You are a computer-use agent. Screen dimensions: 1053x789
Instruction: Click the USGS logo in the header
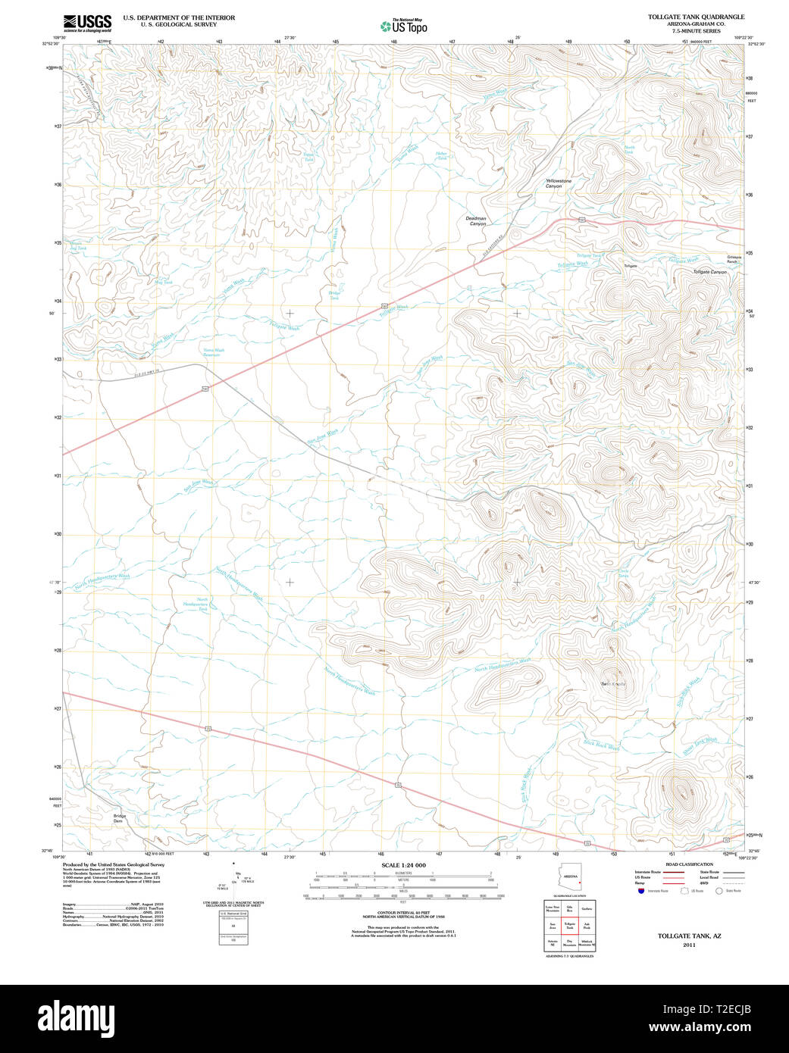pos(87,23)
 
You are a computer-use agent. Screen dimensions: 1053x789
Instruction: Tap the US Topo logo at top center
pos(404,26)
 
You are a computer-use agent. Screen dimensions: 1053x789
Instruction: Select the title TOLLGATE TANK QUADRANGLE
pos(696,17)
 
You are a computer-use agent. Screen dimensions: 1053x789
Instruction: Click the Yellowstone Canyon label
pos(559,183)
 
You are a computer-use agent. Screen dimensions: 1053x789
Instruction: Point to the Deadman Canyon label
pos(476,221)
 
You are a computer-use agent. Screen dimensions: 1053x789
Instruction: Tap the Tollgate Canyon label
pos(709,272)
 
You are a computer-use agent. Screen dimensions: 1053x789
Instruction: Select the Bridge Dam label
pos(119,818)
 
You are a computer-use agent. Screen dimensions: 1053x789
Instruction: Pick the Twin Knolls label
pos(613,684)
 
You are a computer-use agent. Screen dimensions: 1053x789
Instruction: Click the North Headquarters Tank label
pos(202,604)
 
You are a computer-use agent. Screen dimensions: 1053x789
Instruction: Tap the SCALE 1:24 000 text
pos(403,865)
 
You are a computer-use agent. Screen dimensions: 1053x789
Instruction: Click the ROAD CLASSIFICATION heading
pos(689,864)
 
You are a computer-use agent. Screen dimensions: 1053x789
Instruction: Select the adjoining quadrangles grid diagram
pos(569,925)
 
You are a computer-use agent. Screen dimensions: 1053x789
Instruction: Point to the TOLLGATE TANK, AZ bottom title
pos(689,936)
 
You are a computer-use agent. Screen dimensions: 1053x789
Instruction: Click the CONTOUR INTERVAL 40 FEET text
pos(403,913)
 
